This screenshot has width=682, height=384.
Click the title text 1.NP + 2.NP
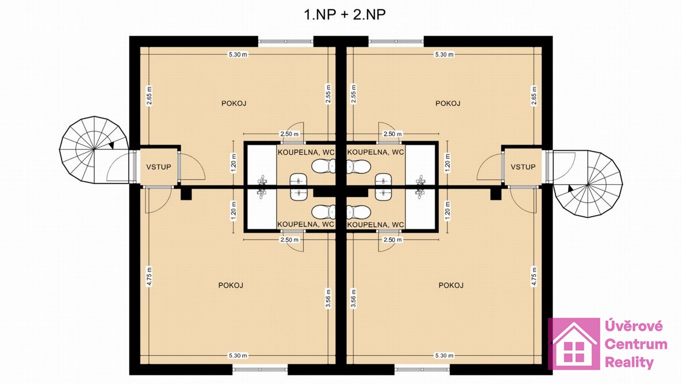[344, 14]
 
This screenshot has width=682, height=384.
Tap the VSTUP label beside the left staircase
[158, 167]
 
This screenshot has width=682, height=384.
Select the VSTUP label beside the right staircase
[523, 167]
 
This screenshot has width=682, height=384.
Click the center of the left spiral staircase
[94, 150]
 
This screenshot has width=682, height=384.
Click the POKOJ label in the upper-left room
[234, 103]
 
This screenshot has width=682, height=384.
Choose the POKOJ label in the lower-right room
[451, 285]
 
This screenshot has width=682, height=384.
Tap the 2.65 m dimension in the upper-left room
[149, 96]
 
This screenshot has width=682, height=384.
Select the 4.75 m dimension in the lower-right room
[534, 276]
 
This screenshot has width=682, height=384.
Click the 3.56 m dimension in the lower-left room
[328, 299]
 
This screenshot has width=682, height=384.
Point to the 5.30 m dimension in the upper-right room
[444, 55]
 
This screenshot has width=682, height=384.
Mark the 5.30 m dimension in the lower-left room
[238, 355]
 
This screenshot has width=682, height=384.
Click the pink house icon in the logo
[574, 344]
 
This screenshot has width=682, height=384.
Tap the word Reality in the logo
[629, 362]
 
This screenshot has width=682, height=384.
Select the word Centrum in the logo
[636, 344]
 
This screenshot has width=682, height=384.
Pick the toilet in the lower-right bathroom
[359, 212]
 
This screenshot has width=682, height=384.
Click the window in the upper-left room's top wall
[286, 42]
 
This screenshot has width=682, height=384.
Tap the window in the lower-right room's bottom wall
[422, 370]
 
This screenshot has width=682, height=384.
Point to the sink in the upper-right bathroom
[383, 180]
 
